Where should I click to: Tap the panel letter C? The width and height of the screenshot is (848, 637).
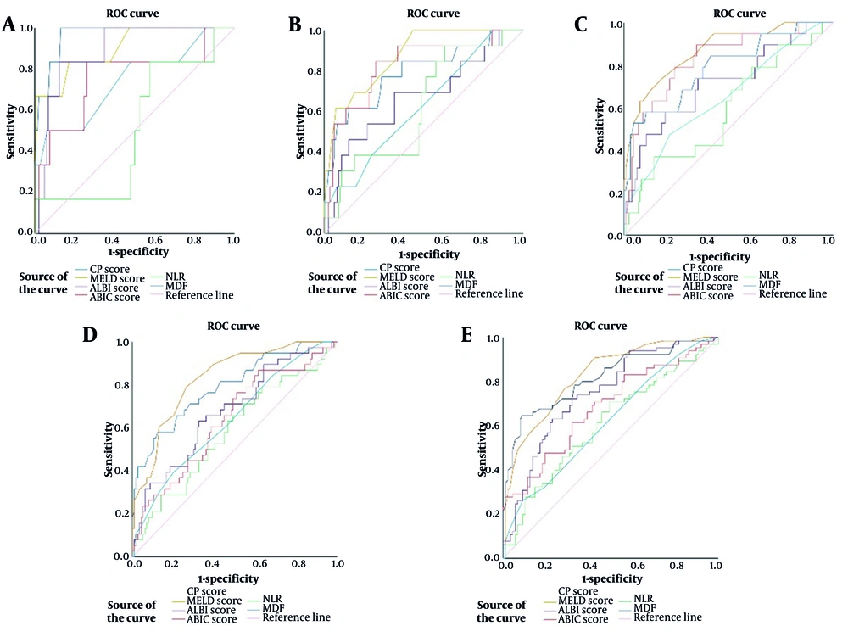[x=581, y=25]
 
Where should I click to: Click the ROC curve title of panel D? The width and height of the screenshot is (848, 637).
[x=233, y=326]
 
